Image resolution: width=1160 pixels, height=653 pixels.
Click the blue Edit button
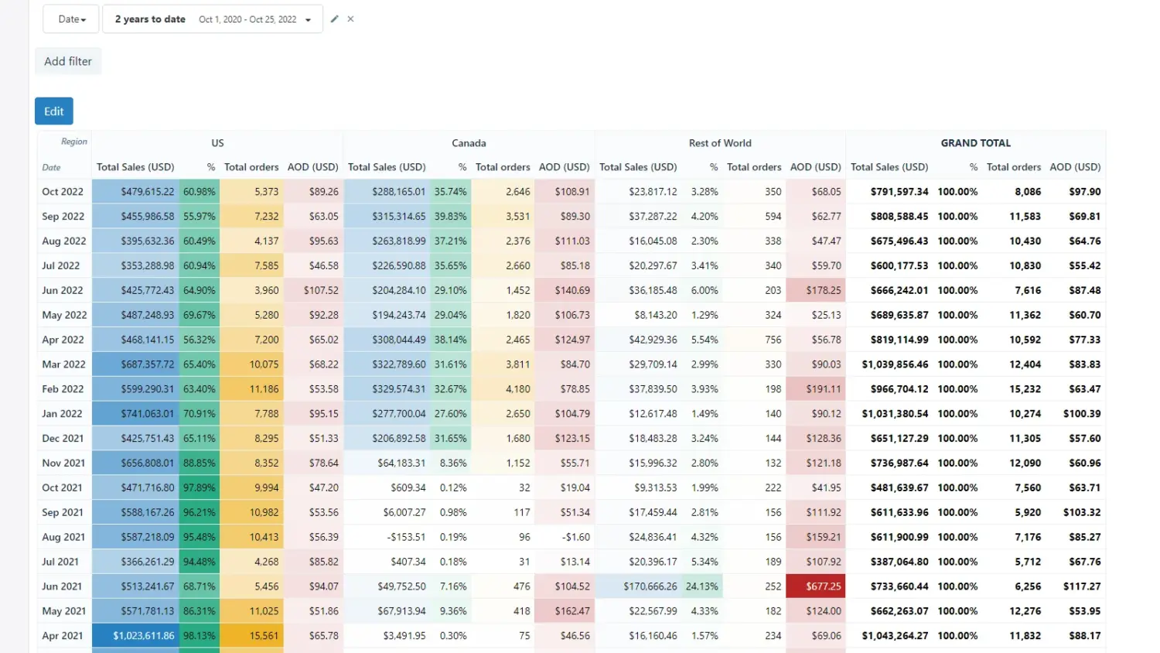click(x=54, y=111)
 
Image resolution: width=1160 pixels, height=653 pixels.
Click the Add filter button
click(x=68, y=61)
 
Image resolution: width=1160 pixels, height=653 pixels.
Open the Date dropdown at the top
click(x=71, y=19)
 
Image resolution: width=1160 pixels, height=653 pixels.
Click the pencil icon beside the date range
click(x=335, y=19)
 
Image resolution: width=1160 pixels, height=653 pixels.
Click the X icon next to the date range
click(x=350, y=19)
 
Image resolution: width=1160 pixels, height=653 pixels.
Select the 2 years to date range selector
click(x=213, y=19)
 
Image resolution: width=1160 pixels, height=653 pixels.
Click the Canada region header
click(x=469, y=143)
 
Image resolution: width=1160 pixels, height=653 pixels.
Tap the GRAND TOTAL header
click(x=975, y=143)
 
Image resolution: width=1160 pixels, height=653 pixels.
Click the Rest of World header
click(x=719, y=143)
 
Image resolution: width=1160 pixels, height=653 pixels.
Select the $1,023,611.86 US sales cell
click(x=144, y=636)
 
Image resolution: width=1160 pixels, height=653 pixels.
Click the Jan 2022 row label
click(x=62, y=414)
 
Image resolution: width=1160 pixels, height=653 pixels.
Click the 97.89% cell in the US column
click(x=199, y=488)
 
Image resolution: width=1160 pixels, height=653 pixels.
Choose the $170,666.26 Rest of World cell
click(x=650, y=586)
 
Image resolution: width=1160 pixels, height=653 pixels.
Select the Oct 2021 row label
click(x=62, y=488)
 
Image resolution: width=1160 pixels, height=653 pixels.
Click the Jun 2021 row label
click(x=62, y=586)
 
